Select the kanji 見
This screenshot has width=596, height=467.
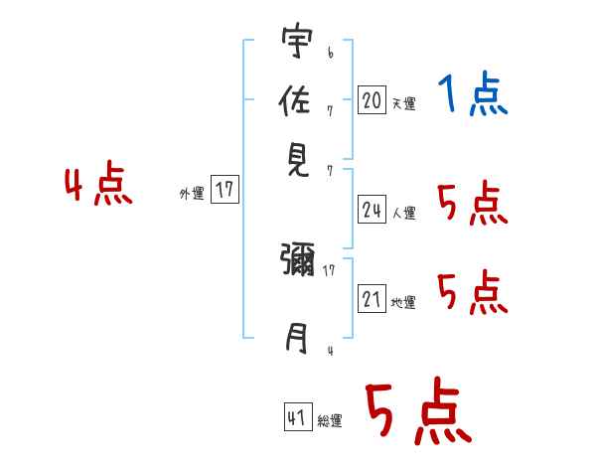(x=296, y=160)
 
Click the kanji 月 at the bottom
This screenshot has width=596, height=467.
(x=296, y=340)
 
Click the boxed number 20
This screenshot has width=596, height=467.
(x=372, y=99)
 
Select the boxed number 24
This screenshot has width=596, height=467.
(x=372, y=210)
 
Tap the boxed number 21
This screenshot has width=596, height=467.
(x=372, y=299)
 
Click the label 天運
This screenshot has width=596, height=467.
(x=403, y=103)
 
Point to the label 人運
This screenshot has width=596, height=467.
(x=403, y=213)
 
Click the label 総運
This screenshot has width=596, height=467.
(x=330, y=422)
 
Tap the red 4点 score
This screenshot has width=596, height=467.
(x=98, y=186)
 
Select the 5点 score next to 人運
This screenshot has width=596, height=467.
(x=473, y=204)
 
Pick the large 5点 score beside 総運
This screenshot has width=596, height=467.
(x=417, y=412)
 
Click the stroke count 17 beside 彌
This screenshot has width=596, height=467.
(x=329, y=268)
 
